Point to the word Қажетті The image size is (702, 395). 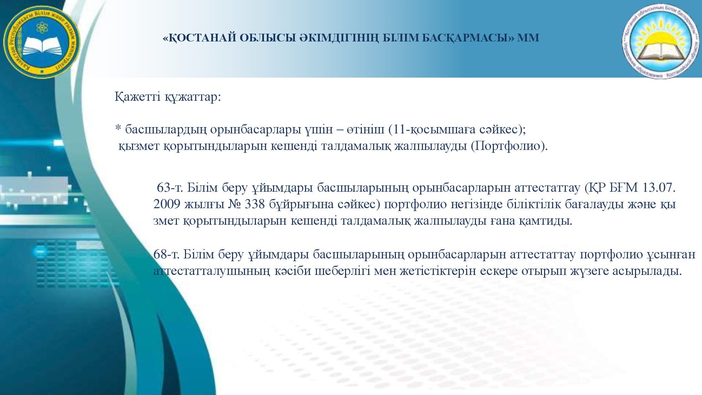click(x=137, y=96)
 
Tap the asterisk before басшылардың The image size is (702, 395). click(x=118, y=129)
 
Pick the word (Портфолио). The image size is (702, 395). click(x=509, y=145)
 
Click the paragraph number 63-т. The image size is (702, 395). click(x=170, y=187)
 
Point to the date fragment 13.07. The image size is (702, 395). click(x=658, y=187)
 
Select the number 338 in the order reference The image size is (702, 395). click(x=254, y=204)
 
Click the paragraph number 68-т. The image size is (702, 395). click(x=166, y=254)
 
